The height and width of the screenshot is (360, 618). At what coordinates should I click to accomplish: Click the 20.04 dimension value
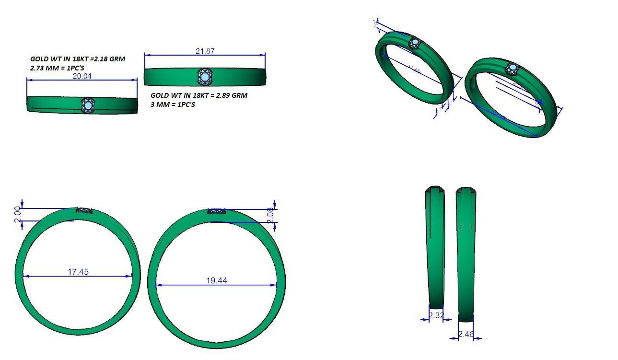tap(82, 76)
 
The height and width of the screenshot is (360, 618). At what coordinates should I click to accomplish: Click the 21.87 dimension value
tap(205, 51)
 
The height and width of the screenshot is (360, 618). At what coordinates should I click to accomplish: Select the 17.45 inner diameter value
tap(78, 272)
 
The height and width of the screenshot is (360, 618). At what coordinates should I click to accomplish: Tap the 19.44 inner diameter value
tap(216, 280)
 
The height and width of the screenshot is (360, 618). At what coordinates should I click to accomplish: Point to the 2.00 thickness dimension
tap(18, 214)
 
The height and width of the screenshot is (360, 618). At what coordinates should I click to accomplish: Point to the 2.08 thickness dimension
tap(270, 216)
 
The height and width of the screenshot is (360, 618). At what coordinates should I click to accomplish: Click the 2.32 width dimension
tap(436, 315)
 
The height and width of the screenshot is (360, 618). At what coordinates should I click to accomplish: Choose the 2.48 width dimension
tap(466, 334)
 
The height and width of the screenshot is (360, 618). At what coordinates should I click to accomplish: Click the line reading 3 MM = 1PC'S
tap(173, 105)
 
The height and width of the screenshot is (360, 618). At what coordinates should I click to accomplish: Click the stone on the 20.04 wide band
tap(87, 105)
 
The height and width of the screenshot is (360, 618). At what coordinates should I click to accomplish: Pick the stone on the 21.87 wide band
tap(205, 77)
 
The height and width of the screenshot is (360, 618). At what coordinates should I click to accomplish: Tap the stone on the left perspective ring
tap(414, 44)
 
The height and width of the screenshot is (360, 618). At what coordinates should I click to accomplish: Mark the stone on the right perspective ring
tap(513, 68)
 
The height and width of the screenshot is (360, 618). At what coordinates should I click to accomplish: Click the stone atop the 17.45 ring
tap(84, 210)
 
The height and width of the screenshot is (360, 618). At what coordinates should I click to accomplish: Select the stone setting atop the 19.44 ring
tap(217, 211)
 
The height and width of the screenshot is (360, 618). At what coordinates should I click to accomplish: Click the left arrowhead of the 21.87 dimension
tap(147, 55)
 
